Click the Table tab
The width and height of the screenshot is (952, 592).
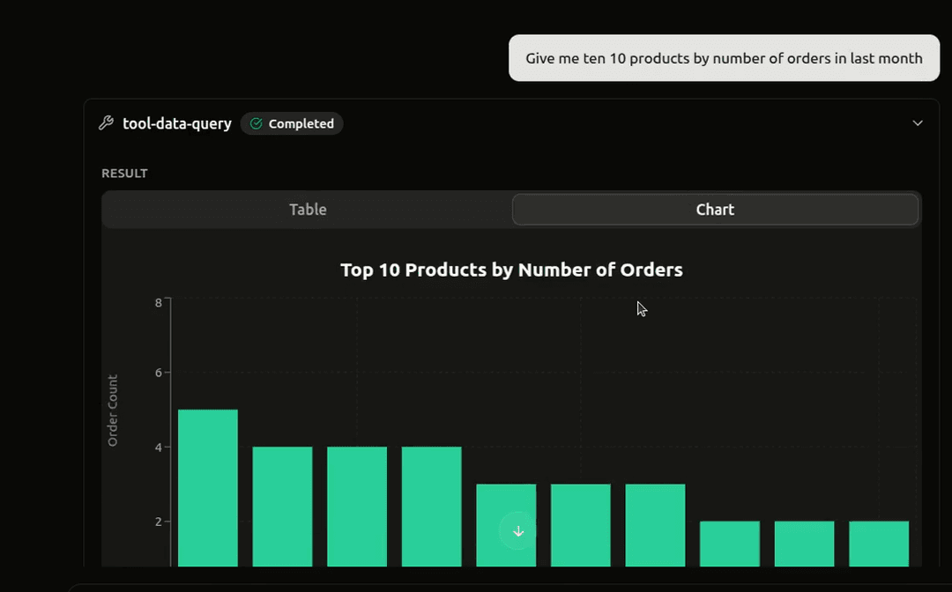tap(308, 210)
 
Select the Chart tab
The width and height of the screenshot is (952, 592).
tap(715, 210)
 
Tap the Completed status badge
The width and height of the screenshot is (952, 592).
tap(292, 123)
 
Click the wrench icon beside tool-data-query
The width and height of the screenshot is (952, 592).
tap(107, 123)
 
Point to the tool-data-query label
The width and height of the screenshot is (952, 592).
tap(177, 123)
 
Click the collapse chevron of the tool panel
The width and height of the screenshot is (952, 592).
tap(918, 123)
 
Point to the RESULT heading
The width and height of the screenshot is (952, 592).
tap(124, 174)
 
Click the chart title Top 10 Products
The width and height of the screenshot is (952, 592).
tap(511, 270)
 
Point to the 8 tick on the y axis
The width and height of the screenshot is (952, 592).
tap(159, 303)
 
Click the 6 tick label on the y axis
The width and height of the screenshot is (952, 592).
tap(159, 373)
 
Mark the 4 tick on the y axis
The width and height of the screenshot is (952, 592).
tap(159, 448)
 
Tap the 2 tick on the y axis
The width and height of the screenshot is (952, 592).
tap(159, 522)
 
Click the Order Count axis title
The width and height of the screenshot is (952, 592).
tap(113, 411)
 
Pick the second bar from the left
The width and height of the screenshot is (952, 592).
tap(282, 506)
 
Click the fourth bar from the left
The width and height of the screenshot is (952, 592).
tap(431, 506)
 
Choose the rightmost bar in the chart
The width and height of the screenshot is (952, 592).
tap(879, 544)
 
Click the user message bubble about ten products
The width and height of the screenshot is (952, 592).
tap(724, 58)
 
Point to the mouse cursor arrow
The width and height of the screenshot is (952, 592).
tap(641, 308)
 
